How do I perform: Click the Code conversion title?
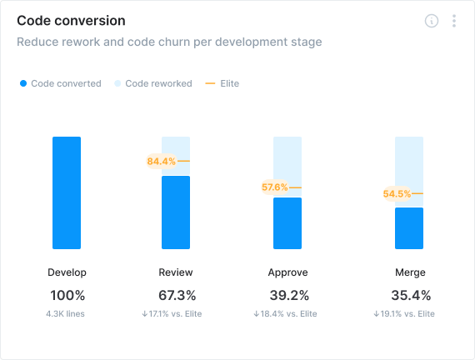[x=72, y=20]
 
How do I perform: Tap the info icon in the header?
[x=431, y=22]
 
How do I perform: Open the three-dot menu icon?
[x=454, y=22]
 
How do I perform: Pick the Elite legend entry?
[x=222, y=83]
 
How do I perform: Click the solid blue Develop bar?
[x=67, y=192]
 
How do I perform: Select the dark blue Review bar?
[x=176, y=212]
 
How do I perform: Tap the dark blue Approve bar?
[x=287, y=223]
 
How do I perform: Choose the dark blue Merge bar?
[x=409, y=228]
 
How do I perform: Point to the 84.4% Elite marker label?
[x=161, y=161]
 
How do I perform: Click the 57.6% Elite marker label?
[x=274, y=187]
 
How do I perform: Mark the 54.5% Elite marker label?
[x=397, y=194]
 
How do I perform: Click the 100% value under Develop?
[x=67, y=295]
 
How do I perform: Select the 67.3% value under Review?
[x=177, y=295]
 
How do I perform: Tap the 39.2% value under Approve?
[x=288, y=295]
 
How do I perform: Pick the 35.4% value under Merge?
[x=410, y=295]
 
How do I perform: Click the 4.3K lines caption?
[x=67, y=314]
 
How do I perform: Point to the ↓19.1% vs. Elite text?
[x=404, y=314]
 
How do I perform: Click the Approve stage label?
[x=287, y=272]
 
